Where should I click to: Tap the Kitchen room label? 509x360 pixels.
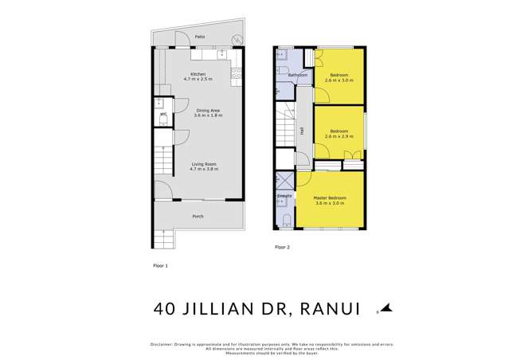click(x=198, y=74)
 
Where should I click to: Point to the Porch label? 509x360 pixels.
click(x=198, y=217)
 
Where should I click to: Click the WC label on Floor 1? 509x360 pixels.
click(x=162, y=115)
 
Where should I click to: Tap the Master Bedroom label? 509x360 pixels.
click(x=329, y=197)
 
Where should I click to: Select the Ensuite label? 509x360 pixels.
click(x=284, y=195)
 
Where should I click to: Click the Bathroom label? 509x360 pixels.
click(x=298, y=76)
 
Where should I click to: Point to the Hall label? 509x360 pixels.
click(x=303, y=132)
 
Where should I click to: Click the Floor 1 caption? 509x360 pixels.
click(x=161, y=264)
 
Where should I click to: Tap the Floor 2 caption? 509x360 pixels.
click(x=283, y=248)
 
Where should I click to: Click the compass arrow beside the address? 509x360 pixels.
click(x=386, y=307)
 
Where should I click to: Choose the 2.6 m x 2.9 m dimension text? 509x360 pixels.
click(x=339, y=136)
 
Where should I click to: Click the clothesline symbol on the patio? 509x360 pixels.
click(x=236, y=39)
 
